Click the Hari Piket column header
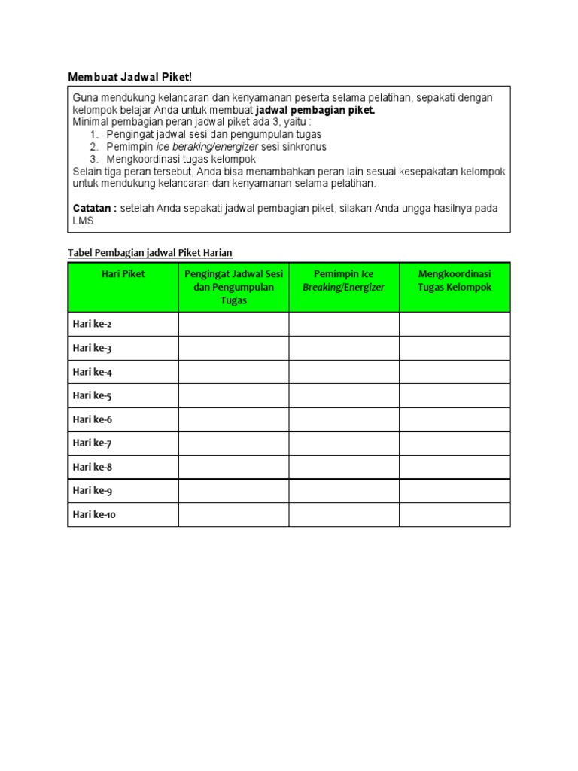tap(123, 274)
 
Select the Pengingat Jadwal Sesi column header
tap(233, 287)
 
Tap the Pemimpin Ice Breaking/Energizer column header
tap(343, 280)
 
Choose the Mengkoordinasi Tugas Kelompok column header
tap(454, 280)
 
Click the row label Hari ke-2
tap(92, 325)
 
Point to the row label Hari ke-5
tap(92, 395)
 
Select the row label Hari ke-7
tap(92, 443)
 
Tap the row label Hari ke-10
tap(94, 515)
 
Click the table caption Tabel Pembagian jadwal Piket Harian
tap(150, 252)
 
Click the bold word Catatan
tap(95, 208)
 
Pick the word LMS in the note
tap(83, 221)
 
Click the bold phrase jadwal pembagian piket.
tap(315, 110)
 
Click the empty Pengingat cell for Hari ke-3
tap(233, 348)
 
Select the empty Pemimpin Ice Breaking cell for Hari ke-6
tap(343, 419)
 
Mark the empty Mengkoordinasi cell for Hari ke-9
tap(454, 490)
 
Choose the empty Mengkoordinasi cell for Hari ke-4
tap(454, 372)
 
